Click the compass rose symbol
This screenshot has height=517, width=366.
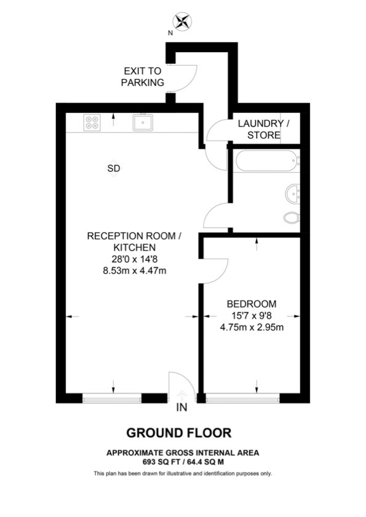click(x=182, y=21)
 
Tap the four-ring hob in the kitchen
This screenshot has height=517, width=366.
click(x=92, y=123)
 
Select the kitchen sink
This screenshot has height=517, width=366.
click(x=143, y=122)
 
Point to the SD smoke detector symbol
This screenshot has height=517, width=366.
click(x=114, y=168)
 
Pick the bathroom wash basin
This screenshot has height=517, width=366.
click(x=293, y=194)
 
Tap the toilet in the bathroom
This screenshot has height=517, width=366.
click(x=292, y=217)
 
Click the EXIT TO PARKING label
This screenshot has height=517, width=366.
click(x=142, y=77)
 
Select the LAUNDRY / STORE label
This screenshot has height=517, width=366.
click(x=264, y=129)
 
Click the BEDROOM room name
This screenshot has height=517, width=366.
click(x=252, y=304)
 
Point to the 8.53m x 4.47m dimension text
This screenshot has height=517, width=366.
click(x=135, y=271)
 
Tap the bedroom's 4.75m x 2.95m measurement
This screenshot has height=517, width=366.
click(x=252, y=327)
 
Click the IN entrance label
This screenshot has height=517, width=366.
click(x=181, y=408)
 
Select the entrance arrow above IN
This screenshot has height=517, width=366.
click(x=181, y=395)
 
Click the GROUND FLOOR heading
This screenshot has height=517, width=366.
click(x=179, y=433)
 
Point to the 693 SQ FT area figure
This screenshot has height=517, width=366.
click(x=162, y=462)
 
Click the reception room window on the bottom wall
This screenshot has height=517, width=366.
click(x=112, y=398)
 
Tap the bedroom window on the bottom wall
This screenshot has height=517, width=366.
click(x=243, y=398)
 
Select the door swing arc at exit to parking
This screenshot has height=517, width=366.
click(x=192, y=79)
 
